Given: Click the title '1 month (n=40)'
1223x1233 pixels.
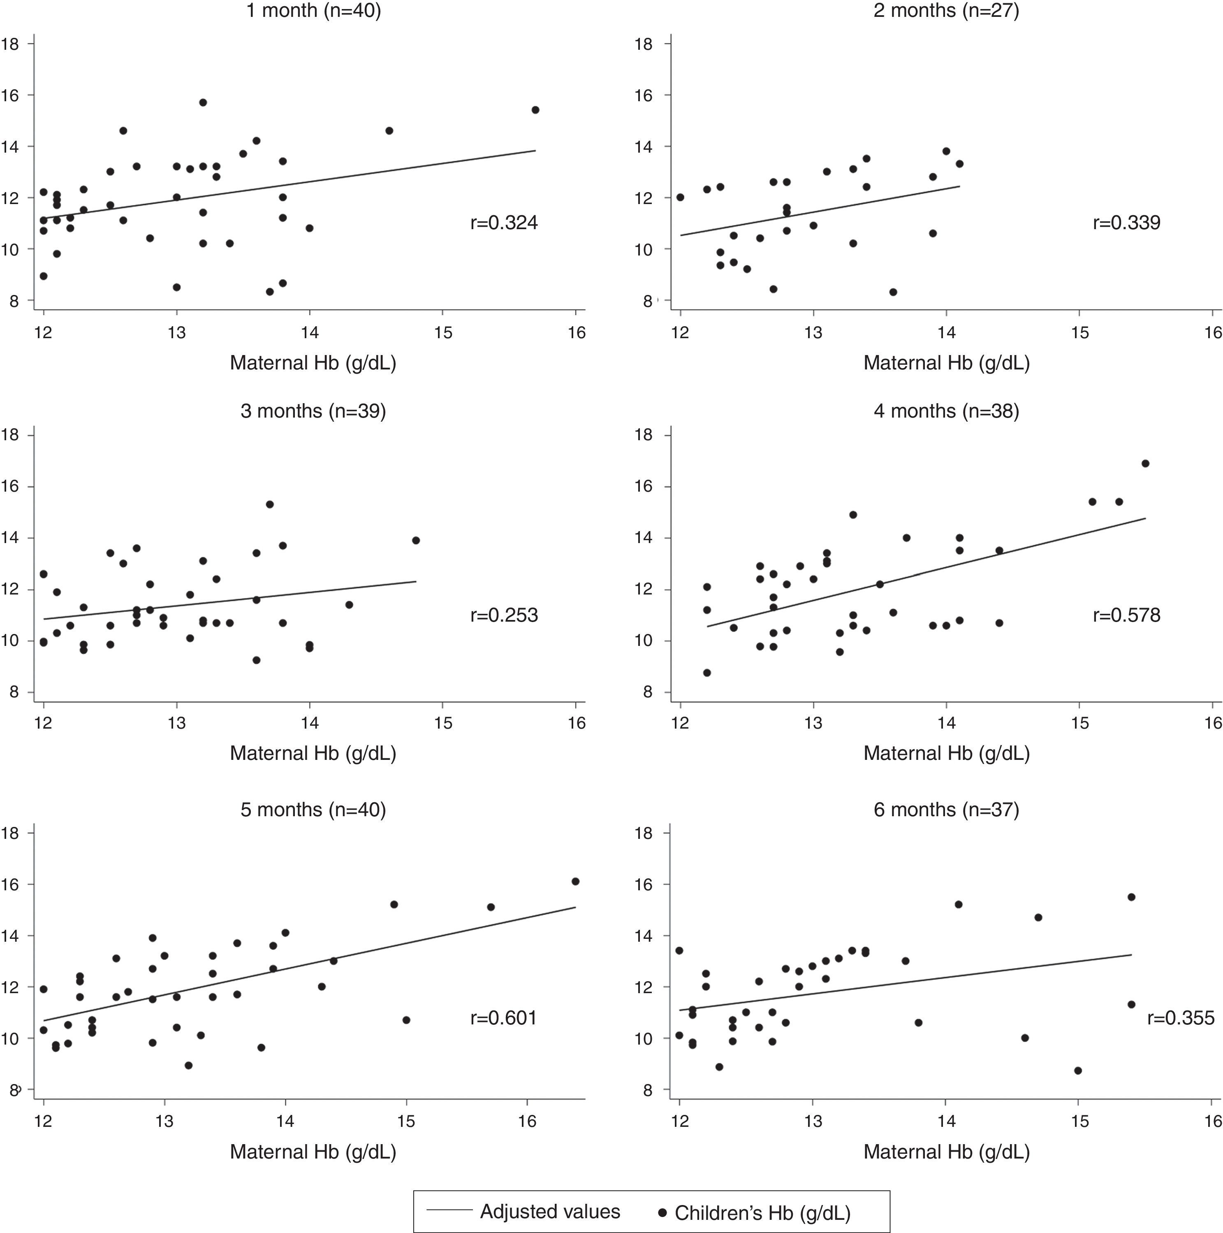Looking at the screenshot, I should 313,11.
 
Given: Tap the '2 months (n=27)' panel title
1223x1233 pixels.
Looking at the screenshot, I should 946,11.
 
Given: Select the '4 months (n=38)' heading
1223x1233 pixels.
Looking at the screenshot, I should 946,411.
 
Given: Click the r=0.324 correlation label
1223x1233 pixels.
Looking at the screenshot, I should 504,223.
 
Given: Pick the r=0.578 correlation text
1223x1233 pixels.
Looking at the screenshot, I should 1127,615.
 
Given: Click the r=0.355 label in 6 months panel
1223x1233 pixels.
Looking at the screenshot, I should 1181,1017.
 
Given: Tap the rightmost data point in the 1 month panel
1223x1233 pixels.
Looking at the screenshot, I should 535,110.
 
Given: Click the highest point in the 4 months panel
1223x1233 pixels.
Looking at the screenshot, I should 1145,463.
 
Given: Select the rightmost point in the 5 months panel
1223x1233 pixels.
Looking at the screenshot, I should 575,881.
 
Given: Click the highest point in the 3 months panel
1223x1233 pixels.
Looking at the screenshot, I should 270,504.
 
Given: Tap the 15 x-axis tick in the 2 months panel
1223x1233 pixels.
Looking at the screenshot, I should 1079,332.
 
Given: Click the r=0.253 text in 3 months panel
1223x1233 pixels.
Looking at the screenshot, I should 504,615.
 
